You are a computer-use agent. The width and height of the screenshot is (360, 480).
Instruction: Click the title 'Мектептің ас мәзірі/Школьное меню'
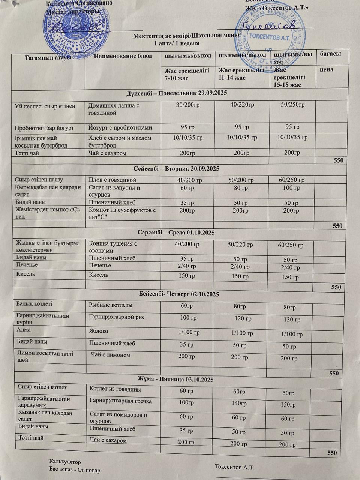click(186, 36)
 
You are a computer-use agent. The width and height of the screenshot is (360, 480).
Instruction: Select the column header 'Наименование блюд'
click(123, 56)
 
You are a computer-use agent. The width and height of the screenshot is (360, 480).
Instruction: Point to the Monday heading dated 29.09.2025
click(177, 93)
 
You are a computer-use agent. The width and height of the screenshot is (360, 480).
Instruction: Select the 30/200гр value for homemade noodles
click(187, 105)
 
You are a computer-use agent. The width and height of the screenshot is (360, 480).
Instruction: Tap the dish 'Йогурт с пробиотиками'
click(120, 128)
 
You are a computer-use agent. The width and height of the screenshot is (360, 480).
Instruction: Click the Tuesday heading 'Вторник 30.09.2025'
click(176, 168)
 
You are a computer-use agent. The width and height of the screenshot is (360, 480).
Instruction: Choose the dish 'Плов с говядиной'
click(112, 180)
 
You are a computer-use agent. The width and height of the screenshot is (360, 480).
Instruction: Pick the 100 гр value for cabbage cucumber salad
click(291, 187)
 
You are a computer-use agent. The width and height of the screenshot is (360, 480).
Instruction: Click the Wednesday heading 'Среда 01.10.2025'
click(176, 232)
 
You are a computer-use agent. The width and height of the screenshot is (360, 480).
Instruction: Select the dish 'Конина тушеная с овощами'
click(113, 247)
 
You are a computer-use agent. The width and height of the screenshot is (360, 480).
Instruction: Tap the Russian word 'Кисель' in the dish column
click(98, 274)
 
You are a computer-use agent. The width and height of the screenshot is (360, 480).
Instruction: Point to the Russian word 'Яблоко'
click(99, 331)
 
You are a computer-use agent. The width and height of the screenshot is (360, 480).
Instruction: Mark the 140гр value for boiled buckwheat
click(239, 403)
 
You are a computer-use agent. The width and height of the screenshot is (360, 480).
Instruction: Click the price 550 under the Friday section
click(332, 453)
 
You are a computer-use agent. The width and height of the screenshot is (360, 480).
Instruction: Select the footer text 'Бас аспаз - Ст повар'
click(75, 470)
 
